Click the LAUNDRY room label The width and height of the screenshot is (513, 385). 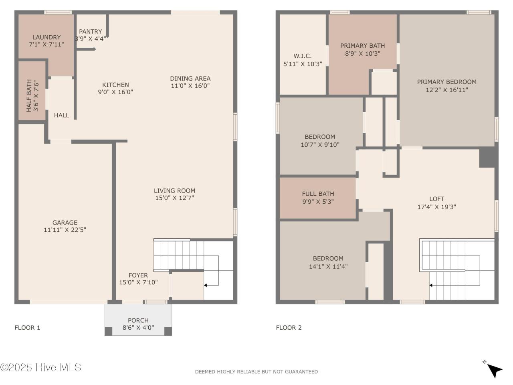46,37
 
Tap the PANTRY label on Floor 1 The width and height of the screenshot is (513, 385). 91,32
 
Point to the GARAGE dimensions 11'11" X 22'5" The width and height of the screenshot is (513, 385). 65,230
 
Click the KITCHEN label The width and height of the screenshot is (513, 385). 115,85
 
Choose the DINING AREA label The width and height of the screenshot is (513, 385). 190,79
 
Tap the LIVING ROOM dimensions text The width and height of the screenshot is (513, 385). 175,198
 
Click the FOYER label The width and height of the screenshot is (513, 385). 138,275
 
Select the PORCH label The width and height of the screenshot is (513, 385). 138,320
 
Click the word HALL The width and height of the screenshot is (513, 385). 61,115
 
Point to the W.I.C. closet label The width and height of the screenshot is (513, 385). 303,56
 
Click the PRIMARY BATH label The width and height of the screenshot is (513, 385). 362,46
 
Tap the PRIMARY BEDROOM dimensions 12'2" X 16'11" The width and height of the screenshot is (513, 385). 447,90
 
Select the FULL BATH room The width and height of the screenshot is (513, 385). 318,198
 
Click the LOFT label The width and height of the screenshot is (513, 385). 436,199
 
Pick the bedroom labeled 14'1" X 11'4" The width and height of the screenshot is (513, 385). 323,262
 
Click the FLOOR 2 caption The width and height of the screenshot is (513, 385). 289,328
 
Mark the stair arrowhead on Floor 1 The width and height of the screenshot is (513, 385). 205,285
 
